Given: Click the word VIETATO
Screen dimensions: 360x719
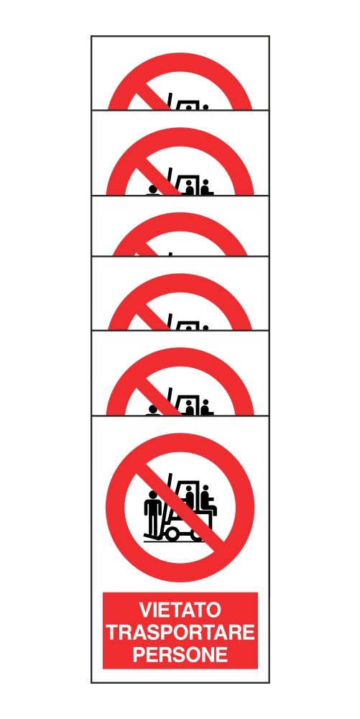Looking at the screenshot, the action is pyautogui.click(x=180, y=610).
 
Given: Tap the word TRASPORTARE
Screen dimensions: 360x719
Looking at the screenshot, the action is pyautogui.click(x=180, y=632).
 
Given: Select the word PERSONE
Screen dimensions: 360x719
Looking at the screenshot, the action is pyautogui.click(x=180, y=654).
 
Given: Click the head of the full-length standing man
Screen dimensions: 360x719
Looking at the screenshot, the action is pyautogui.click(x=153, y=495).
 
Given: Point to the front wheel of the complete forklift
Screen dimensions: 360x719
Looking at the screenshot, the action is pyautogui.click(x=173, y=533).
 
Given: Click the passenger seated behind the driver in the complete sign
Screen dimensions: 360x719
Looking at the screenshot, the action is pyautogui.click(x=208, y=500).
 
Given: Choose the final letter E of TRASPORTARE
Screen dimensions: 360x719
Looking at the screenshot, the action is pyautogui.click(x=249, y=632).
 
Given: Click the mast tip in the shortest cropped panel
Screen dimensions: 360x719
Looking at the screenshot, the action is pyautogui.click(x=170, y=254).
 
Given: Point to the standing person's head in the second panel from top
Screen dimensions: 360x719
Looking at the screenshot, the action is pyautogui.click(x=154, y=190).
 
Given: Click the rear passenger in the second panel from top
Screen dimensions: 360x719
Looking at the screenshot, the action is pyautogui.click(x=206, y=187).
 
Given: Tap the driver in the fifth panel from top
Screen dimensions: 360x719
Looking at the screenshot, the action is pyautogui.click(x=189, y=408).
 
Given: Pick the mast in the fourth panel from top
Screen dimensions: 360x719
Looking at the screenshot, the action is pyautogui.click(x=170, y=321).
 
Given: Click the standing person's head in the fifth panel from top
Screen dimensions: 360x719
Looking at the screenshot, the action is pyautogui.click(x=154, y=410).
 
